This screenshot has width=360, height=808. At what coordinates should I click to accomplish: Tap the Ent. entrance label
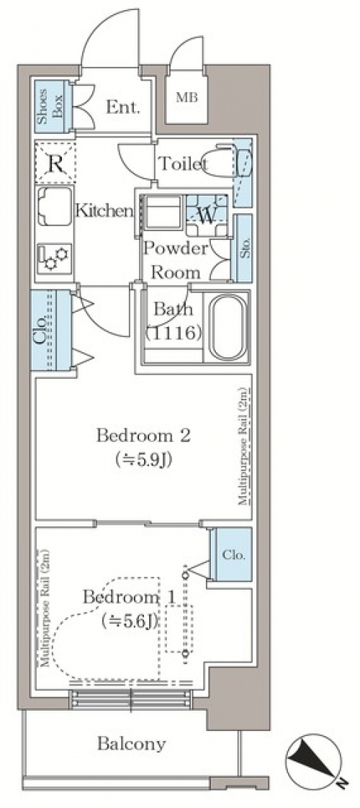click(x=122, y=107)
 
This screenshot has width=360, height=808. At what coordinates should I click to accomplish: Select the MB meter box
click(x=187, y=98)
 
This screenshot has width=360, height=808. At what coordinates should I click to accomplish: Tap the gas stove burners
click(x=55, y=258)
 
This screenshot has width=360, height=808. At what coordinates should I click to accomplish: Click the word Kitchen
click(x=104, y=210)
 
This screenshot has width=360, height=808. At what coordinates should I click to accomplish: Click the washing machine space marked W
click(x=207, y=215)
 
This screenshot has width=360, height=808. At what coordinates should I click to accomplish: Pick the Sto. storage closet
click(x=243, y=248)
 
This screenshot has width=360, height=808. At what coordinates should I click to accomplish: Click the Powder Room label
click(x=176, y=260)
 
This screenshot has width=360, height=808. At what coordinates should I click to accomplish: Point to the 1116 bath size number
click(x=173, y=334)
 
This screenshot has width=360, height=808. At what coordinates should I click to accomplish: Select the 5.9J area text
click(x=144, y=459)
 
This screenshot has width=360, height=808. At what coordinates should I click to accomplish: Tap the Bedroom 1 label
click(x=130, y=598)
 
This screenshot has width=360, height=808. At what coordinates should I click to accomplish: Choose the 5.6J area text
click(x=129, y=621)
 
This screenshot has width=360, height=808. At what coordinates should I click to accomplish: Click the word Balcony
click(x=132, y=744)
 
